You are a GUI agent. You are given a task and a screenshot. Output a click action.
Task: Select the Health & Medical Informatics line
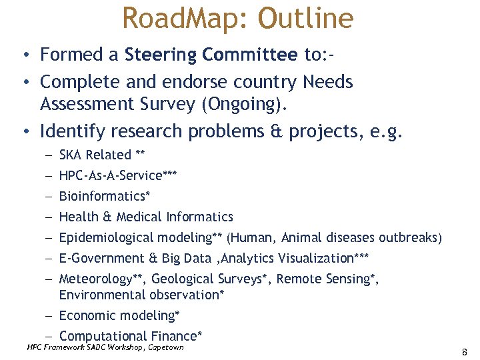(146, 217)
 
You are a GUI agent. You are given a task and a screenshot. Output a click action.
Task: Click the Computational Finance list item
(129, 336)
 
